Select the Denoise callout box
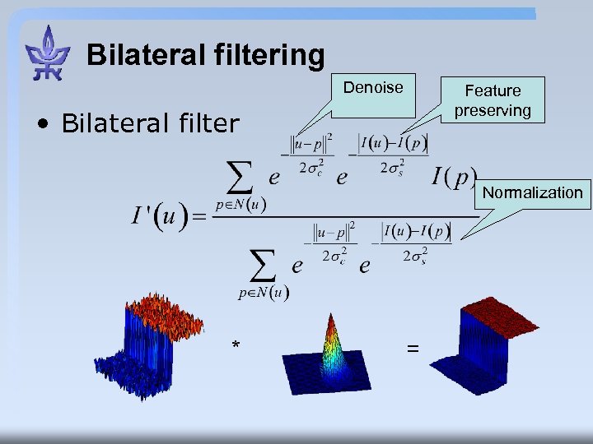pyautogui.click(x=373, y=88)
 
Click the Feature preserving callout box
pyautogui.click(x=493, y=99)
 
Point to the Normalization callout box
pyautogui.click(x=532, y=192)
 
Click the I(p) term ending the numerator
pyautogui.click(x=454, y=176)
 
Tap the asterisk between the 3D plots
pyautogui.click(x=236, y=346)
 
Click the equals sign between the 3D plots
pyautogui.click(x=412, y=349)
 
